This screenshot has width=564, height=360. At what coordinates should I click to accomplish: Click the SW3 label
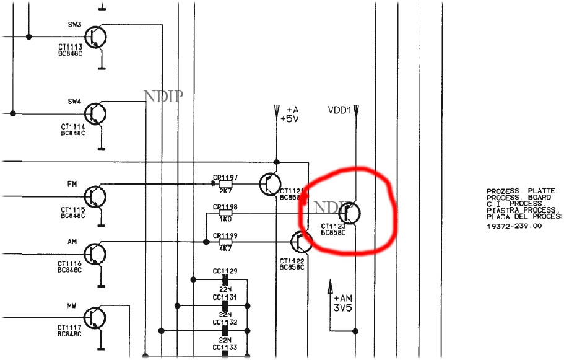tap(74, 25)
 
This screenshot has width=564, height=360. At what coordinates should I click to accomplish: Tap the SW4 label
tap(74, 101)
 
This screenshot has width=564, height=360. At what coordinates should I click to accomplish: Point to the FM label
tap(71, 184)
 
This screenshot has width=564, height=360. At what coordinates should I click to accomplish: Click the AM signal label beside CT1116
tap(72, 241)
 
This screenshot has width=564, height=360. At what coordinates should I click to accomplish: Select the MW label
tap(72, 305)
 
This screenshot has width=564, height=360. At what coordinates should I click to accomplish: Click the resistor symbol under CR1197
tap(225, 183)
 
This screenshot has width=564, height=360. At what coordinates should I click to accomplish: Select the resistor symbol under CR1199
tap(225, 242)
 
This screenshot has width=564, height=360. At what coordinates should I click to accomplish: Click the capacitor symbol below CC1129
tap(225, 280)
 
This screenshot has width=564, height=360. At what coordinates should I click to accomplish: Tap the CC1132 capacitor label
tap(225, 322)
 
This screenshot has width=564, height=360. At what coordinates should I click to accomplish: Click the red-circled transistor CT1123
tap(350, 214)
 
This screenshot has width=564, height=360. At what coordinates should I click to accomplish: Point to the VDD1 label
tap(339, 110)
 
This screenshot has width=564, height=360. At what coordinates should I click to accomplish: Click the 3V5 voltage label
tap(342, 307)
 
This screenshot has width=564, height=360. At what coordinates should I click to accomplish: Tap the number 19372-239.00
tap(514, 226)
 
